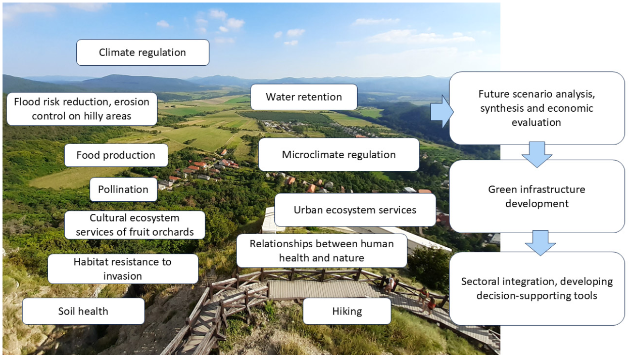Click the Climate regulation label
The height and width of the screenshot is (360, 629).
142,53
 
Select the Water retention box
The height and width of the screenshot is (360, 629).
304,97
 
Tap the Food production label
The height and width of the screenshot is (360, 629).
116,155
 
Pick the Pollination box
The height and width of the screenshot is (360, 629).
123,190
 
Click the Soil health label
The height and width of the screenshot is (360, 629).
83,311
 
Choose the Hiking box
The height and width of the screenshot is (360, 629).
347,311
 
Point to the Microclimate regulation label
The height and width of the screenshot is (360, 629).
338,155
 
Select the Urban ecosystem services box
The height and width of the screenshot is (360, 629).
355,209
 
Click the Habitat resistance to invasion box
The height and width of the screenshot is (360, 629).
122,269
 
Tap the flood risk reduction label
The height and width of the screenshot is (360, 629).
81,109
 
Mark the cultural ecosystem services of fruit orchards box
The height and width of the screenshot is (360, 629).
134,225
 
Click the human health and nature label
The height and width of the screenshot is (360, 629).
321,251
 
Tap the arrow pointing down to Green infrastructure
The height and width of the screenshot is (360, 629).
537,154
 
